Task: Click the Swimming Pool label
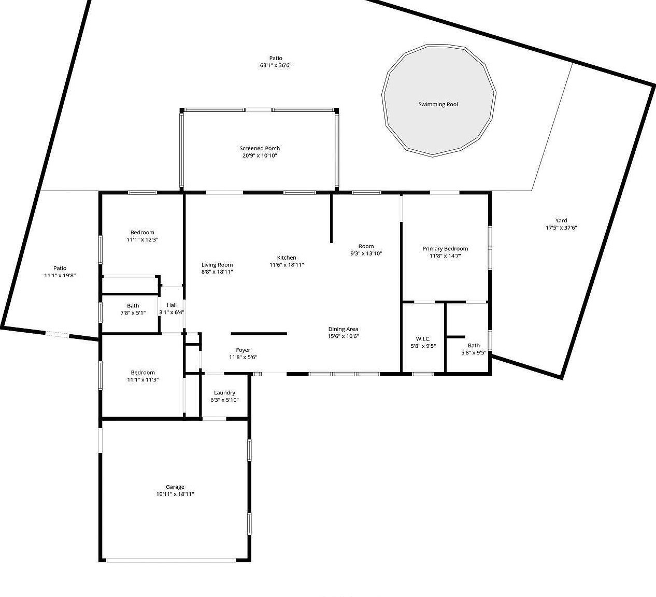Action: click(438, 104)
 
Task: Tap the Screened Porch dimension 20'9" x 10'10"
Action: click(260, 155)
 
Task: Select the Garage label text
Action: click(175, 487)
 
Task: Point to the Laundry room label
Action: click(224, 393)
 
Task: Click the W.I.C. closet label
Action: click(423, 339)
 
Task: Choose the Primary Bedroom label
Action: click(445, 249)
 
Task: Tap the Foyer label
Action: click(243, 350)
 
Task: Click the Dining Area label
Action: click(343, 329)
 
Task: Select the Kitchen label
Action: click(287, 258)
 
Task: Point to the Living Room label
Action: click(217, 265)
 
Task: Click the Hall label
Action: click(172, 305)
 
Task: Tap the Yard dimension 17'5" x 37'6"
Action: click(561, 228)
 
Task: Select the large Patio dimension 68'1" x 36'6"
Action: click(276, 65)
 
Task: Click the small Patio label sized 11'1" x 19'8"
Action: click(60, 268)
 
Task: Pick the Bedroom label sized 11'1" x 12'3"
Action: click(142, 233)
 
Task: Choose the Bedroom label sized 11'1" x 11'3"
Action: click(142, 373)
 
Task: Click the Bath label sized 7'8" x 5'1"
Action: click(133, 306)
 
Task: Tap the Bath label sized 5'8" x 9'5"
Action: click(474, 346)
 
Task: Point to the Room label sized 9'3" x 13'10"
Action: click(366, 246)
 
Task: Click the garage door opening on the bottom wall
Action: click(171, 560)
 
